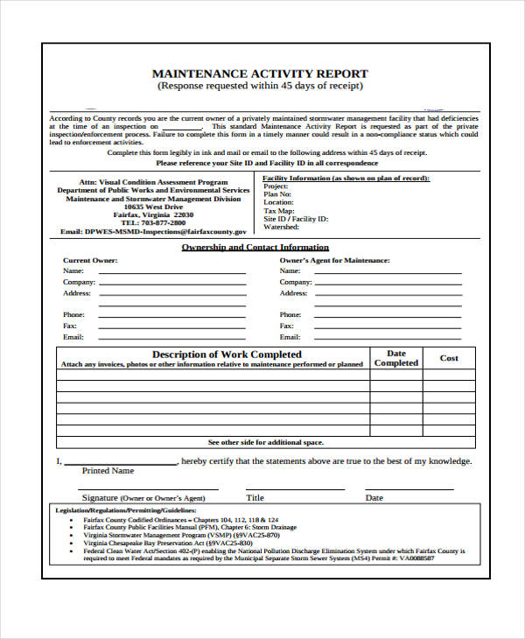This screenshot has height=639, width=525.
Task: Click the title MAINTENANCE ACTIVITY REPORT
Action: [260, 74]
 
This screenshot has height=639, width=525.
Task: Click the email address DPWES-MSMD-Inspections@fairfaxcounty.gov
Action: [153, 232]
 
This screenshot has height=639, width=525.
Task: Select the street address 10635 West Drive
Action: [153, 207]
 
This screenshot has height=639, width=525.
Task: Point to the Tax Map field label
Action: [280, 210]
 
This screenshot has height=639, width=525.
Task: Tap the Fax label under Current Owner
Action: [70, 326]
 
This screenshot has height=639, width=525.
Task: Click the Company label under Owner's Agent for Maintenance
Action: [296, 282]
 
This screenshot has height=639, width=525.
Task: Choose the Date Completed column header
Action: [396, 358]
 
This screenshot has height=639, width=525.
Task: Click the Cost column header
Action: [449, 358]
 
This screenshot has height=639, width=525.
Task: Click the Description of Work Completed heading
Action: [213, 355]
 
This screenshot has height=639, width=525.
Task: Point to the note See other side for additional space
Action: [265, 442]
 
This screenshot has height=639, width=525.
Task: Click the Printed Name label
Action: [108, 471]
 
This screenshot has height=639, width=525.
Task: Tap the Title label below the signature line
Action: [255, 498]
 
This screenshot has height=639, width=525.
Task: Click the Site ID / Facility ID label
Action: [296, 219]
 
